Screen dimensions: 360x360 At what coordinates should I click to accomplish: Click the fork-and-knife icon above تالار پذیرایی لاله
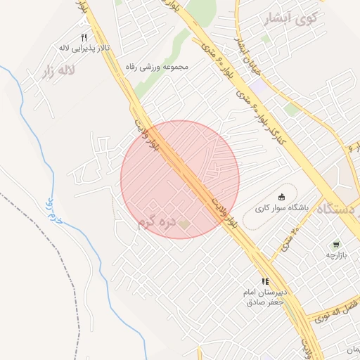[84, 37]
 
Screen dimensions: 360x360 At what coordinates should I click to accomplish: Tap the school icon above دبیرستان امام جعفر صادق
[265, 281]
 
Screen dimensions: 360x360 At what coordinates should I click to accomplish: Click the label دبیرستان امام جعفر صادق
[265, 297]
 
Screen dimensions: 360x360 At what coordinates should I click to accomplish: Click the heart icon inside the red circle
[184, 224]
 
